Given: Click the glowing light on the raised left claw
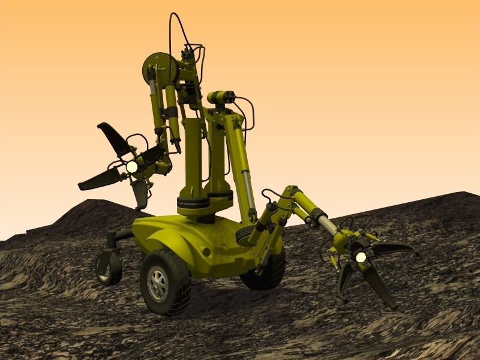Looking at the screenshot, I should click(x=131, y=167).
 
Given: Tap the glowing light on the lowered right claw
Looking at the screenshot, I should click(x=361, y=257).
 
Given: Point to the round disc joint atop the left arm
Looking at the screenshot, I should click(x=157, y=67).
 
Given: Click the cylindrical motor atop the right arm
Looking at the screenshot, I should click(x=221, y=97).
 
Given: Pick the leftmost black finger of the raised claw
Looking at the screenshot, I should click(x=98, y=179).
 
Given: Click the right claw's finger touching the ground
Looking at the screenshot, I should click(x=379, y=288).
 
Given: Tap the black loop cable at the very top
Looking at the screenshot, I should click(x=178, y=27).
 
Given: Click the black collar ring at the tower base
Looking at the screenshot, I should click(x=193, y=203).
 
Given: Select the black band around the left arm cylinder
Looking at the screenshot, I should click(x=170, y=112).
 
